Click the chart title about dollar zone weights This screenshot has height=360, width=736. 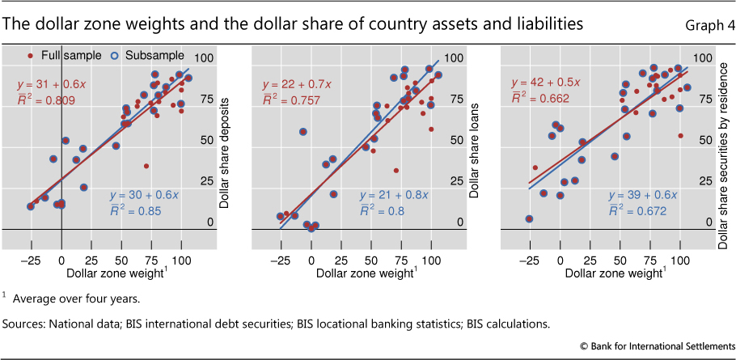coord(293,24)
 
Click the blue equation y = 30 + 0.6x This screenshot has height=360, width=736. coord(142,195)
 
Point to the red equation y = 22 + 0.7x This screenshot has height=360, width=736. coord(295,84)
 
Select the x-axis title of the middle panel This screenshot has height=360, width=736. coord(360,276)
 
